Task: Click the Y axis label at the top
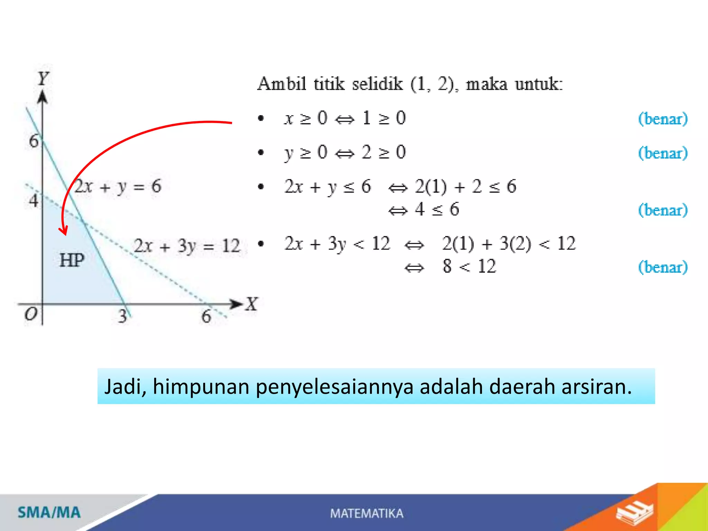43,78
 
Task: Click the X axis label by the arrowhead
252,304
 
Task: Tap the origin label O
31,314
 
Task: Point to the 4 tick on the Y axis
34,200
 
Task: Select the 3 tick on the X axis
122,316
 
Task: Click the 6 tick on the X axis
206,316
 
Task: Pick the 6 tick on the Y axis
34,141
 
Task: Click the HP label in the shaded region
72,260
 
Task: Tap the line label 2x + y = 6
118,187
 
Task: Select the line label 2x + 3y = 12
187,246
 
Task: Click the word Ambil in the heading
282,84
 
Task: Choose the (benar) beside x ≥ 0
663,119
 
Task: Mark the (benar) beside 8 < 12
663,267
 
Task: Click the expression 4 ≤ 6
437,209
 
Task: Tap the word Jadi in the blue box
125,386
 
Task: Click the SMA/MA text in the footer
49,512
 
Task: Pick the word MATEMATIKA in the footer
366,513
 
